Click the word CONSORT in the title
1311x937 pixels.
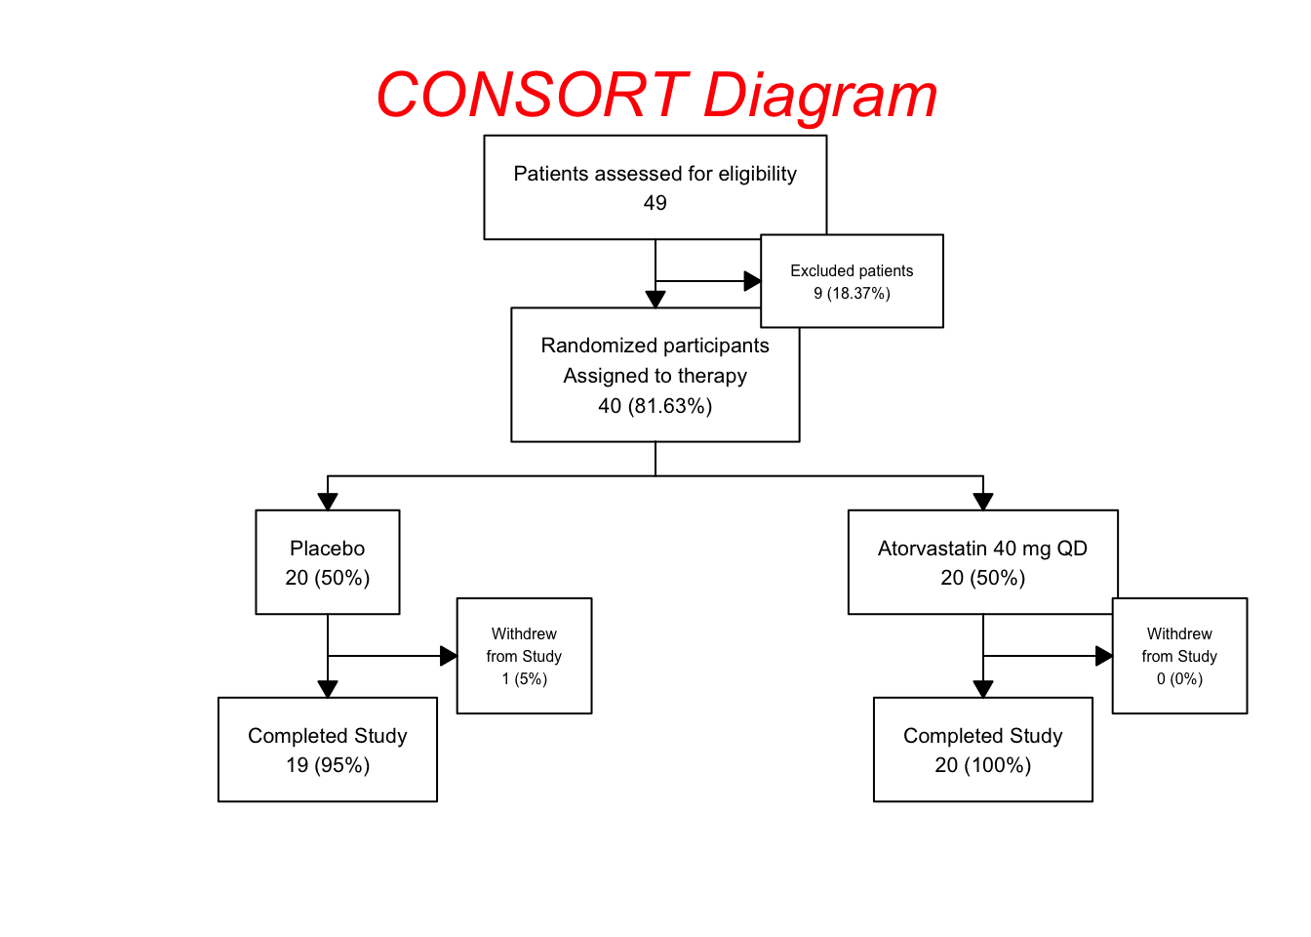pos(532,96)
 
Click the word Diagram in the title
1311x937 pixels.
pos(819,96)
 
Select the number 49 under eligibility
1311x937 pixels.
pos(655,203)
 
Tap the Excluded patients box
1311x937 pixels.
pos(852,280)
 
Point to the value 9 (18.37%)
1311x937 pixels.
pos(852,294)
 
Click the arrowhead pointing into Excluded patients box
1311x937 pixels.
pos(752,281)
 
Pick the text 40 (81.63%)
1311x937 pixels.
pos(655,406)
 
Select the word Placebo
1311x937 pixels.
pos(327,549)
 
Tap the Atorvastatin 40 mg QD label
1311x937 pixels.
pos(982,549)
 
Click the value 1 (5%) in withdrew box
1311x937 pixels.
pos(524,679)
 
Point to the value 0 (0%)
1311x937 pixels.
pos(1179,679)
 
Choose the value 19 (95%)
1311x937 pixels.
pos(327,765)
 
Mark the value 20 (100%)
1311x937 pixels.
pos(982,765)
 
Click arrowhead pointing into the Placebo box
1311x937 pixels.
pos(328,502)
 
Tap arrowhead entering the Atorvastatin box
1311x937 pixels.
pos(983,502)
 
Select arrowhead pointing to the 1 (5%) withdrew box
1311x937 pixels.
pos(449,656)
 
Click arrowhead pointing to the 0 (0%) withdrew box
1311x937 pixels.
pos(1104,656)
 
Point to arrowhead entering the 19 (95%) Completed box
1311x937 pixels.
pos(328,689)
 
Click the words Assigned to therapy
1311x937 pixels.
pos(655,376)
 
